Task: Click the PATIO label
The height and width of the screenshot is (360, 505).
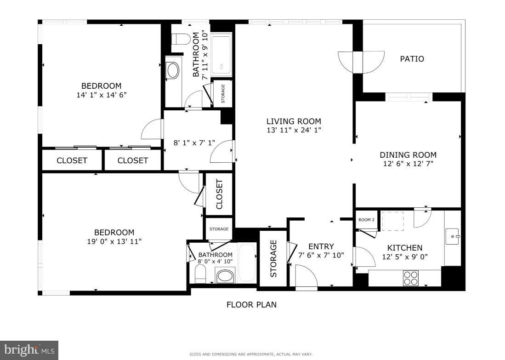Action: coord(412,59)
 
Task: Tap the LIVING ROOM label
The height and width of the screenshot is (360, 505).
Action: coord(294,121)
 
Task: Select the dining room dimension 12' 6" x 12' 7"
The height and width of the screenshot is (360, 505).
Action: coord(408,164)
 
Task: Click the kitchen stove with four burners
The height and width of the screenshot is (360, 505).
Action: coord(411,278)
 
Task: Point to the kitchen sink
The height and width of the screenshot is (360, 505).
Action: coord(452,237)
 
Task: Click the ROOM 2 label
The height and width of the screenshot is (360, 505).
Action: coord(367,220)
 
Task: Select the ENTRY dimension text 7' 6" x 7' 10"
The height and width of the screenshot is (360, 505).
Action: coord(321,255)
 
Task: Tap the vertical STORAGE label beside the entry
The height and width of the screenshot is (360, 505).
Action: coord(273,258)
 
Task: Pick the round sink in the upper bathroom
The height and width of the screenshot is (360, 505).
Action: coord(173,71)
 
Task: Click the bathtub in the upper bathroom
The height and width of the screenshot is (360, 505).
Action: coord(221,55)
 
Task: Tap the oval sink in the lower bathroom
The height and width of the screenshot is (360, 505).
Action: coord(226,276)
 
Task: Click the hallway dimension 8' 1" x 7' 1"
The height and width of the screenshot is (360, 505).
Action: coord(194,143)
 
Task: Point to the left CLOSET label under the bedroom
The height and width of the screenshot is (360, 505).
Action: coord(72,160)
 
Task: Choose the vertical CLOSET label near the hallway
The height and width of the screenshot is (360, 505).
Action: coord(219,194)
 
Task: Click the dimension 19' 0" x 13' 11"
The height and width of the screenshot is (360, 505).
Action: coord(114,241)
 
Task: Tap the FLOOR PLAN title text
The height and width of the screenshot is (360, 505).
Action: coord(251,304)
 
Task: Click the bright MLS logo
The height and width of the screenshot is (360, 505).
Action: coord(29,350)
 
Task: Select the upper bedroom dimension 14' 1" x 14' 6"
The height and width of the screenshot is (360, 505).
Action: coord(102,95)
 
